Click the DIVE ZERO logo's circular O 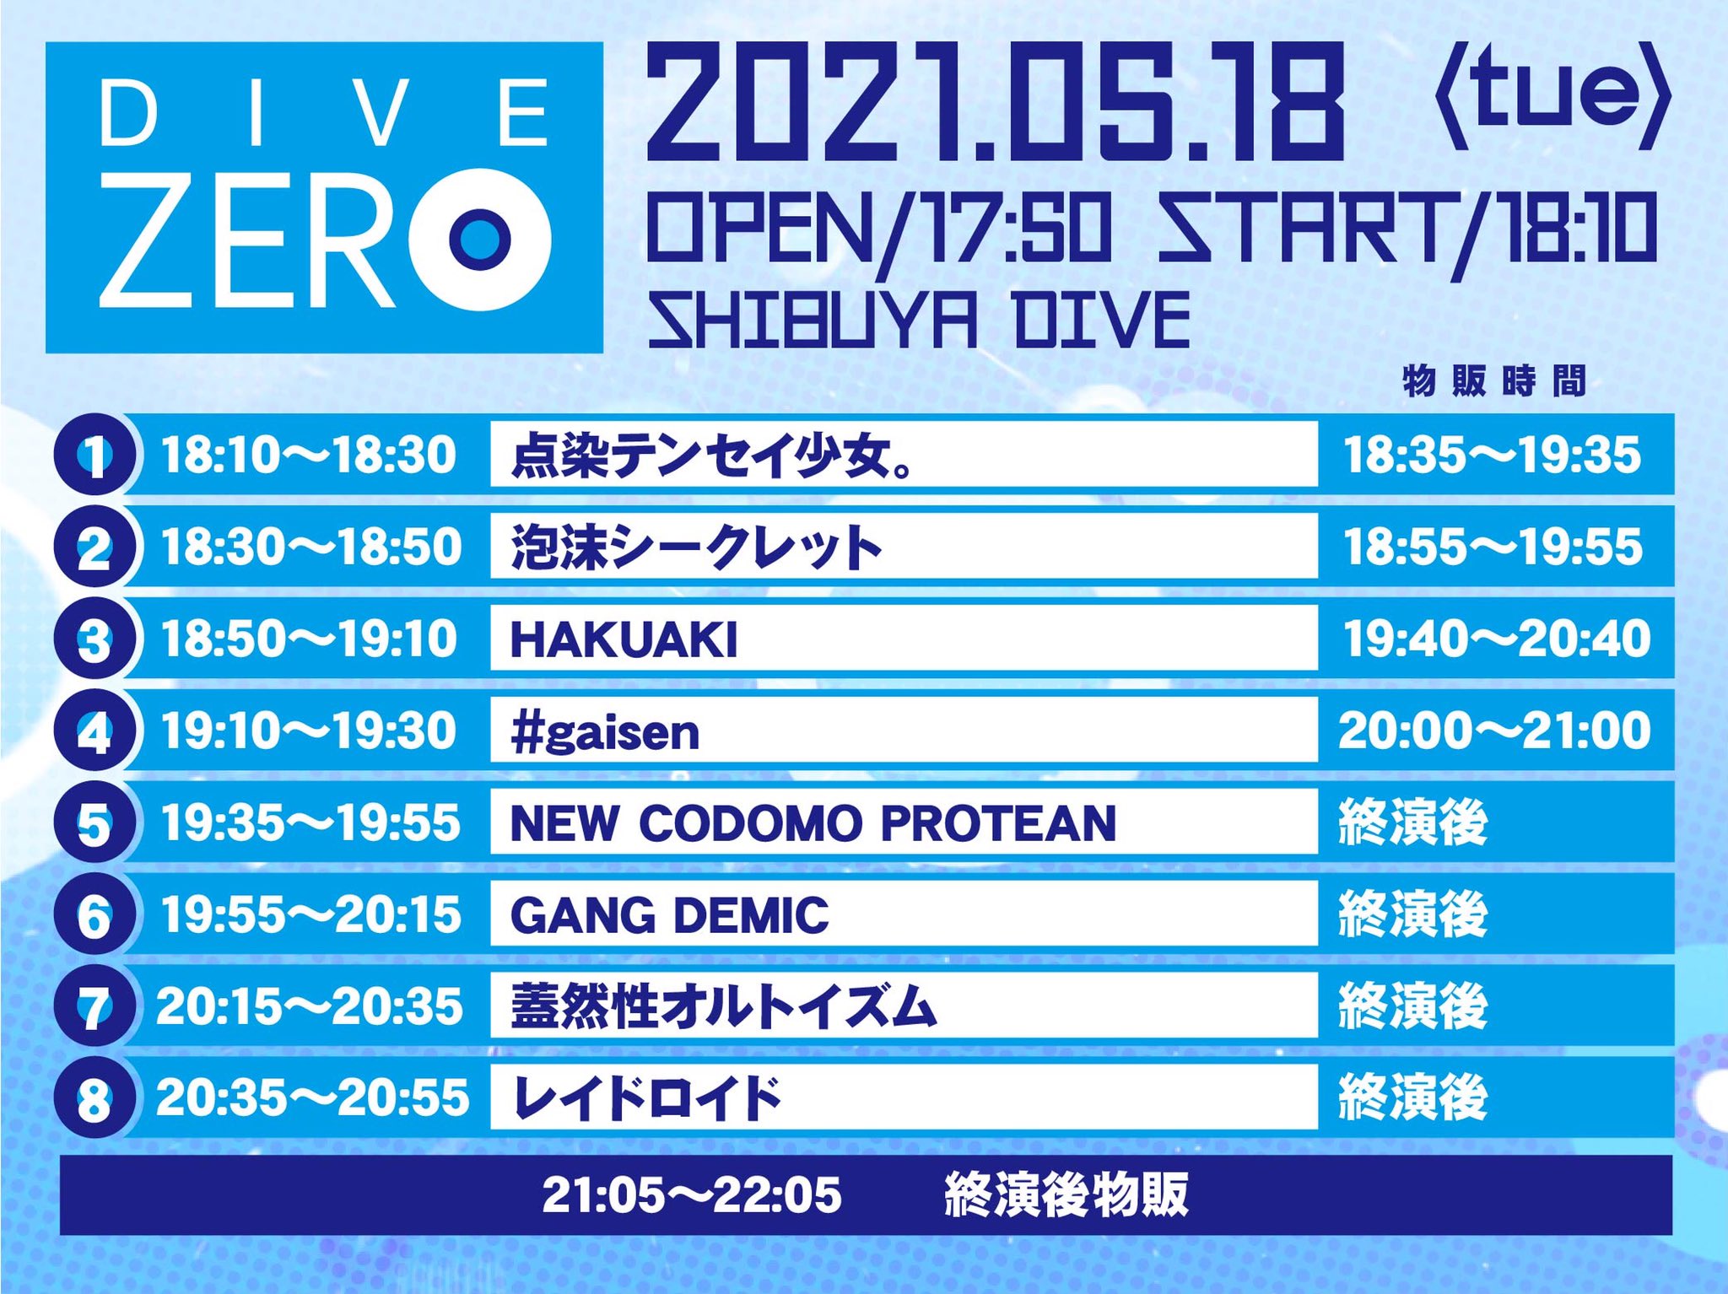479,239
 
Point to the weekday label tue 1552,100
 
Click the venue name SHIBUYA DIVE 918,321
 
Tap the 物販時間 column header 1494,382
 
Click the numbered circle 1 94,455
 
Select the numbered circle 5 94,822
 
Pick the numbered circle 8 94,1098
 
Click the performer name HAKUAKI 624,639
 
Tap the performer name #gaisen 605,731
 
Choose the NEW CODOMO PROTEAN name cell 813,822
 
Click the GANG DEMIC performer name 670,915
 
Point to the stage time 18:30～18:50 310,547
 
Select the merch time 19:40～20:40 1496,639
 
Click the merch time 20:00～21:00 1494,731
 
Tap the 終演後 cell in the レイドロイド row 1412,1098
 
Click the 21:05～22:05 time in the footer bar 692,1194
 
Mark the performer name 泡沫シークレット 696,547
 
